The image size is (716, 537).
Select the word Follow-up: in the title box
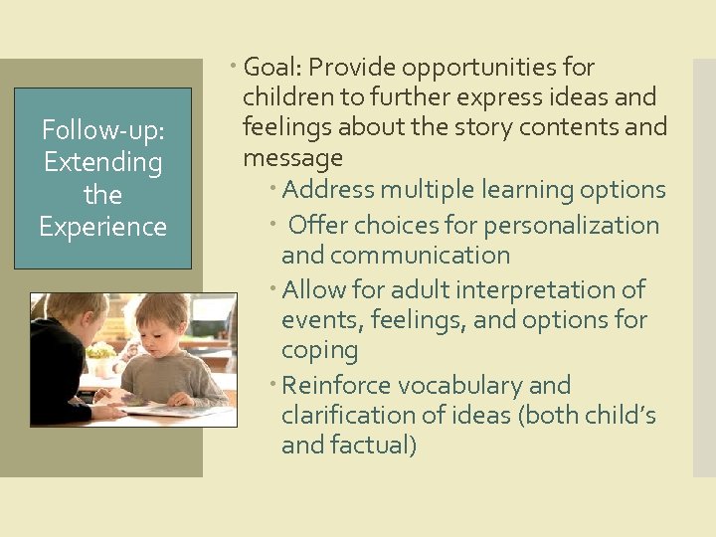click(102, 130)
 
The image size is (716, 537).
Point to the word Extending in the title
click(102, 162)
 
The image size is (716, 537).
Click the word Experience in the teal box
click(102, 227)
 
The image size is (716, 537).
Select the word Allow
click(312, 290)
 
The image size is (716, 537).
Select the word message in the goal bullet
click(292, 158)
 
